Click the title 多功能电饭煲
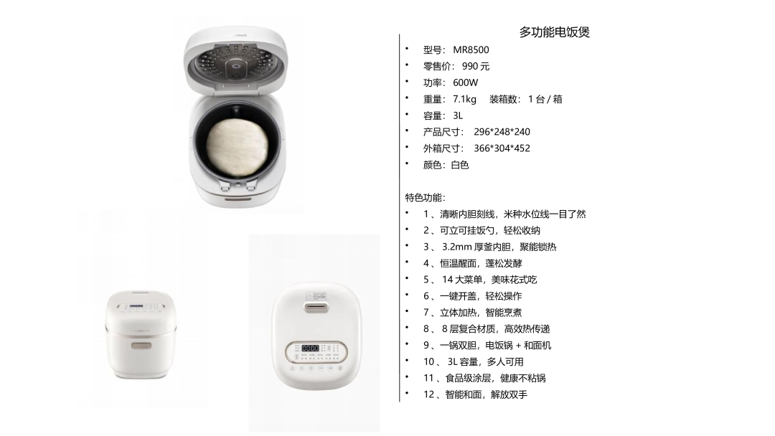click(554, 32)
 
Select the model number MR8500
click(471, 50)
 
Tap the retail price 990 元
click(476, 66)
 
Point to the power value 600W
click(465, 82)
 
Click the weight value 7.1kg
click(464, 99)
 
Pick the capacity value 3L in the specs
click(458, 115)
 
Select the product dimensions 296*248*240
click(502, 132)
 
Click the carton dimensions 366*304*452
click(502, 148)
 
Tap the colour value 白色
click(460, 165)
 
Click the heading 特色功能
click(425, 197)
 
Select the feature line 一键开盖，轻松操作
click(480, 296)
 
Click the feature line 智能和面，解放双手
click(486, 394)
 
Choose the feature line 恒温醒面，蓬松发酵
click(480, 263)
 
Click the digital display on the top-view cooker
click(311, 348)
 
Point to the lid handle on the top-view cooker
click(316, 308)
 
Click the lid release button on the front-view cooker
click(142, 345)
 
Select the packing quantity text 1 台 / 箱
click(545, 99)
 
